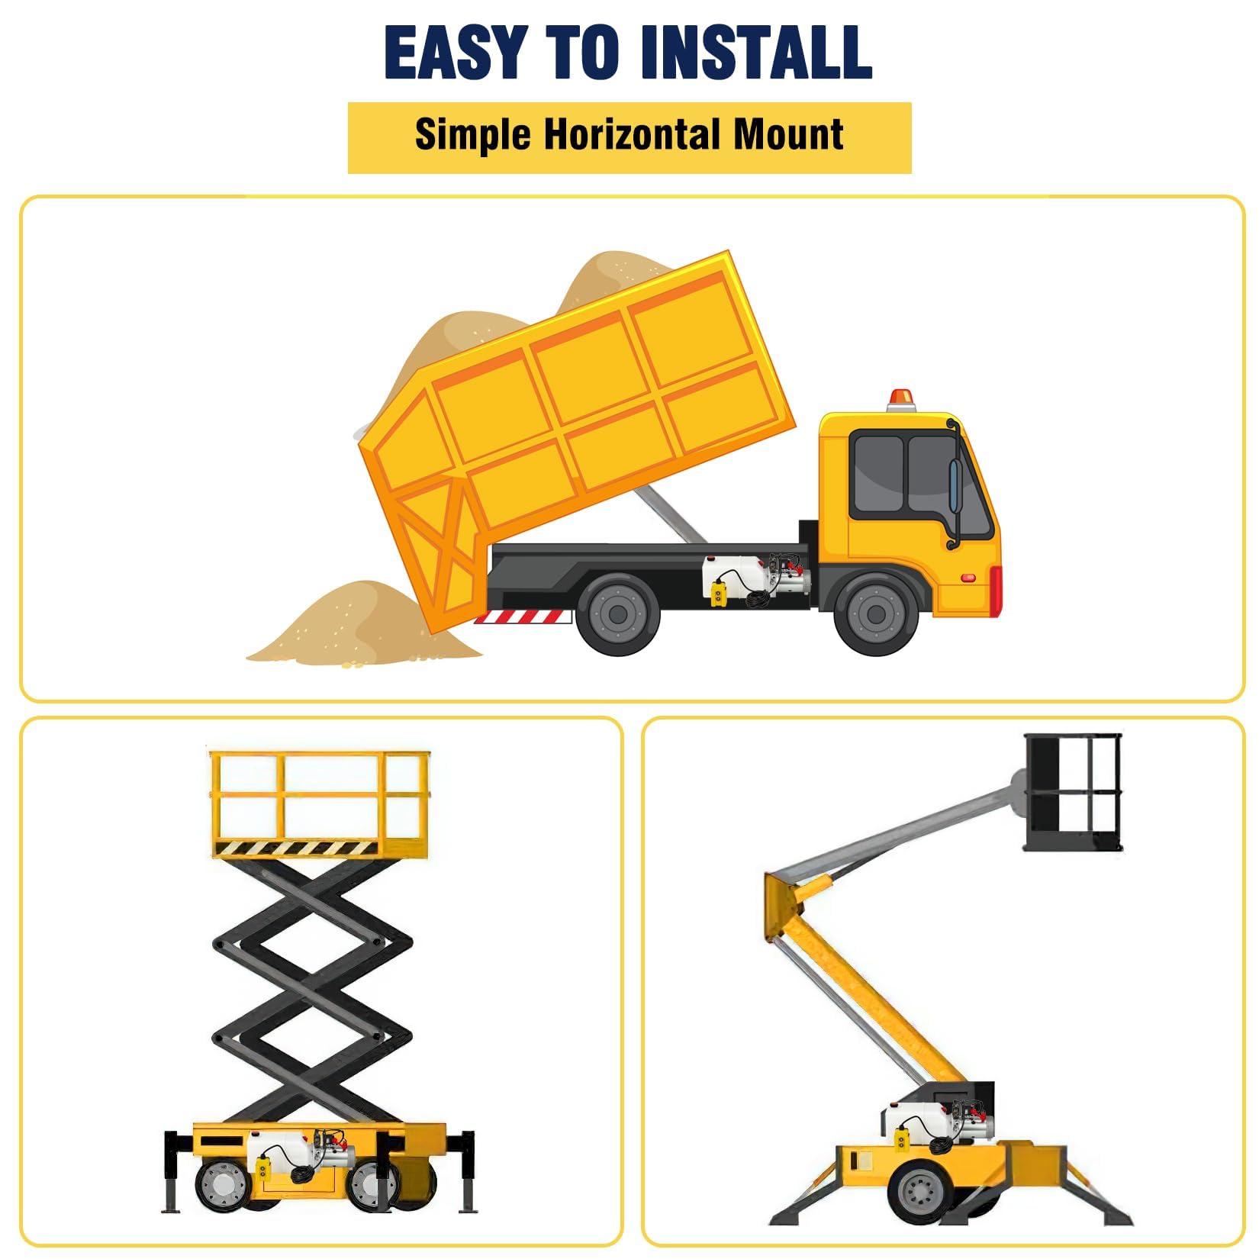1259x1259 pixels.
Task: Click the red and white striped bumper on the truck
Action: coord(523,617)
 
